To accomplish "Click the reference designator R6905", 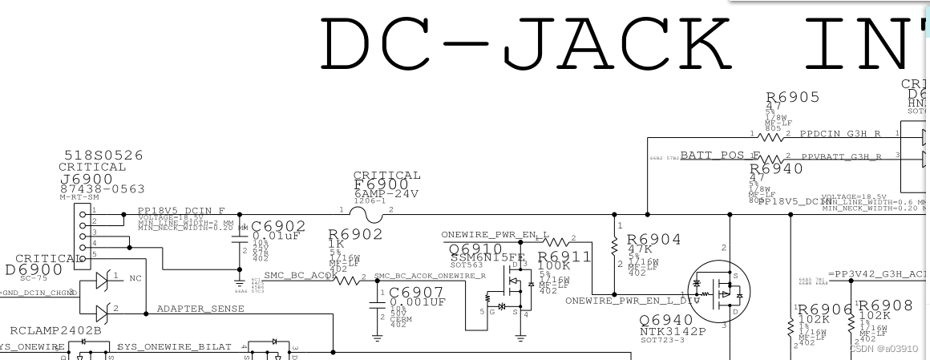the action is [x=793, y=97].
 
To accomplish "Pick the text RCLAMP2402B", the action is [x=56, y=330].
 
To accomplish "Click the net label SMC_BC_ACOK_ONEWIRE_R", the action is [x=430, y=275].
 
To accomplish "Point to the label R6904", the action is [x=653, y=239].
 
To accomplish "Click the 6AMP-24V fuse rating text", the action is [x=386, y=194].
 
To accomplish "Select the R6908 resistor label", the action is [x=885, y=305].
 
